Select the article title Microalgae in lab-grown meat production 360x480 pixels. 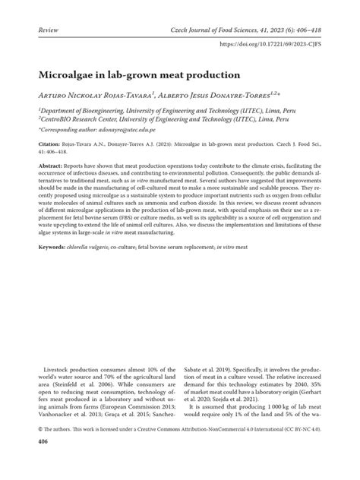point(137,76)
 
